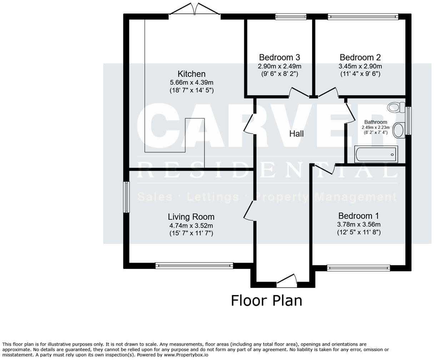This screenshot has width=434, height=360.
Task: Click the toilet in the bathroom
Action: click(x=396, y=107)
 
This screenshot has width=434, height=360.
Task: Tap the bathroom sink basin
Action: click(x=399, y=130)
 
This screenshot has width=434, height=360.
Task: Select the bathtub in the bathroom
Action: click(x=376, y=154)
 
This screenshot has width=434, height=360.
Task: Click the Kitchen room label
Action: click(x=191, y=74)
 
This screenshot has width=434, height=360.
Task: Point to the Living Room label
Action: click(x=191, y=217)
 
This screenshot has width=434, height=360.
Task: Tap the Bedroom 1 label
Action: click(x=359, y=216)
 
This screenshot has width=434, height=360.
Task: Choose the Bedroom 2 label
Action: click(x=360, y=57)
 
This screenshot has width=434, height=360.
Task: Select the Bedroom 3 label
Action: click(x=279, y=57)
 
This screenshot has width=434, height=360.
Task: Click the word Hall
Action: click(x=296, y=134)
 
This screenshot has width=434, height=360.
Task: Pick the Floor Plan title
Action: click(x=266, y=301)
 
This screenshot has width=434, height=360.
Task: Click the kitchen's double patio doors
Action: click(x=195, y=9)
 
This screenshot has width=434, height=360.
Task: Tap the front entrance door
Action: click(x=286, y=281)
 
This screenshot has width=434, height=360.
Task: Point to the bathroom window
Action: click(x=408, y=121)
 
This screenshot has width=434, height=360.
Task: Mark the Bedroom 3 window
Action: click(x=291, y=17)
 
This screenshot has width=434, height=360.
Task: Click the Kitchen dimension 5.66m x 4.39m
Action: click(x=191, y=82)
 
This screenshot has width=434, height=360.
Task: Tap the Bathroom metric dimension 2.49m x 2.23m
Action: click(x=375, y=127)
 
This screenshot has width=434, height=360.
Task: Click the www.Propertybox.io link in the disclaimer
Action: click(x=186, y=355)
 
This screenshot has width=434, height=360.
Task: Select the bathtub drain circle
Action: click(x=392, y=155)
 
